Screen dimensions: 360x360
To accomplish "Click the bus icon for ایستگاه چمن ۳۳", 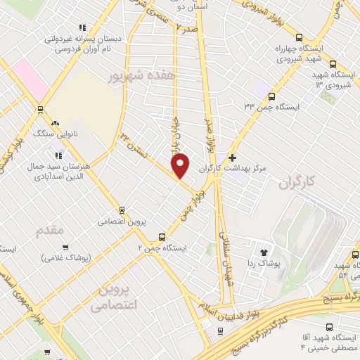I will tap(271, 96).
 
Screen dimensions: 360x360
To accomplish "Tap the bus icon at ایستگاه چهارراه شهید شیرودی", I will tap(299, 38).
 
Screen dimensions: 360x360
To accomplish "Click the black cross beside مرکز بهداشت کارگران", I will tap(233, 157).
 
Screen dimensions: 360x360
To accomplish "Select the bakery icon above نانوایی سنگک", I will tap(54, 122).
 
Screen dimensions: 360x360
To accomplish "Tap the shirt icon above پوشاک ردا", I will tap(264, 251).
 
